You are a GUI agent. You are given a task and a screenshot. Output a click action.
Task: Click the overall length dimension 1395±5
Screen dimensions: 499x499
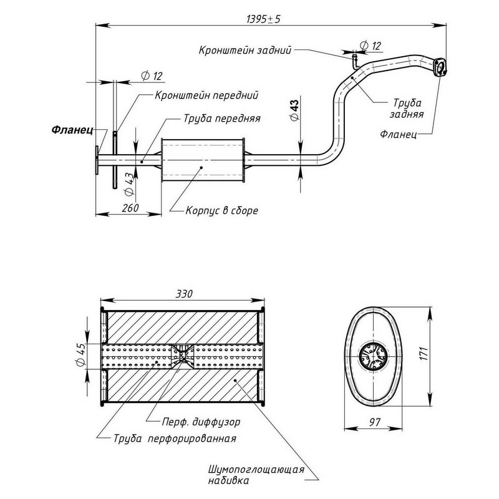click(264, 19)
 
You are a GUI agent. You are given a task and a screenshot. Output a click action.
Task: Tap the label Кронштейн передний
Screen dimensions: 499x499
click(198, 95)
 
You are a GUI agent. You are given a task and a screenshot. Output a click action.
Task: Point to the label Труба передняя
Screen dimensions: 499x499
click(222, 117)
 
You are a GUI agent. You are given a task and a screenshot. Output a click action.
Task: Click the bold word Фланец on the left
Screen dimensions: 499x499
click(72, 131)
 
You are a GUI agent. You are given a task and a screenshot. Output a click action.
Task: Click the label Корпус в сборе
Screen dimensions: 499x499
click(221, 211)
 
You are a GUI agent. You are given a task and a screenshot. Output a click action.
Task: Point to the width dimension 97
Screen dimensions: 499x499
click(375, 423)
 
